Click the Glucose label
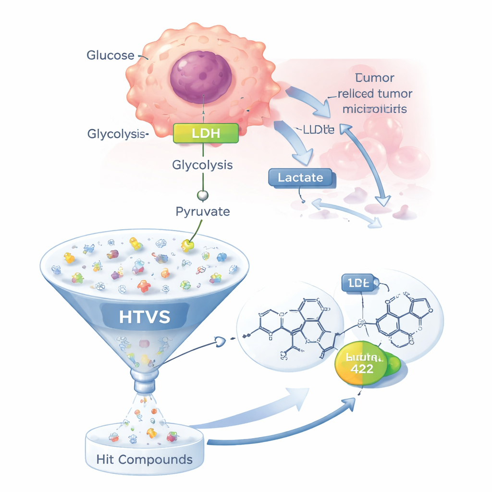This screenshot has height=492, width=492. pyautogui.click(x=110, y=55)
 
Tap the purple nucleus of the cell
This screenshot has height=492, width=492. pyautogui.click(x=201, y=77)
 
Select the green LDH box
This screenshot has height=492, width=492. pyautogui.click(x=206, y=133)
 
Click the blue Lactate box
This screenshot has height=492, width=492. pyautogui.click(x=301, y=177)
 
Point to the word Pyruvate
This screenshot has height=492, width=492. pyautogui.click(x=202, y=211)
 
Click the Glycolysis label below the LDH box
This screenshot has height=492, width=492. pyautogui.click(x=202, y=165)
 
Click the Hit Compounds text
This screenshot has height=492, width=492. pyautogui.click(x=144, y=459)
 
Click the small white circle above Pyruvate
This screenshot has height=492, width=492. pyautogui.click(x=203, y=196)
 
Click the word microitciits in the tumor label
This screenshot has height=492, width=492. pyautogui.click(x=374, y=109)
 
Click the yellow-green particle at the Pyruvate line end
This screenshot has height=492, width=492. pyautogui.click(x=187, y=246)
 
